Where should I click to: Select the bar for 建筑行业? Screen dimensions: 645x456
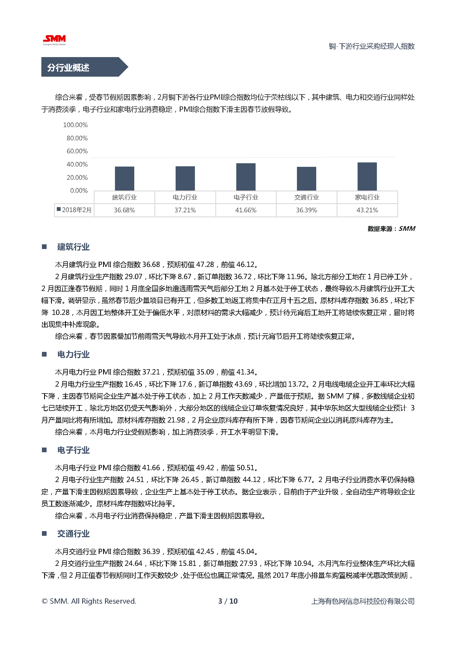[x=124, y=178]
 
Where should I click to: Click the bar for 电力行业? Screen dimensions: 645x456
[x=185, y=178]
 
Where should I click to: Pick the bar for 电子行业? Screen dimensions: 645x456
[x=246, y=177]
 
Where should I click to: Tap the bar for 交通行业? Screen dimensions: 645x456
[x=306, y=179]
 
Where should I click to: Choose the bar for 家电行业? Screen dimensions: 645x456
[x=367, y=176]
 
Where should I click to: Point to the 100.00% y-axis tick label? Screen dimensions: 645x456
[x=75, y=125]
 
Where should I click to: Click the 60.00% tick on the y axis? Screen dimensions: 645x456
[x=77, y=151]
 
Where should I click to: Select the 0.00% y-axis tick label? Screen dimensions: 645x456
[x=79, y=191]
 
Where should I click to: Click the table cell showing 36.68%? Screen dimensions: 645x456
[x=124, y=210]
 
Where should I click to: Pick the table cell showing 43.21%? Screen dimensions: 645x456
[x=367, y=210]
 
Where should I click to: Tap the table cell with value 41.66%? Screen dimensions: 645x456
[x=246, y=210]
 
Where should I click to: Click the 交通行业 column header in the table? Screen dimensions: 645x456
[x=306, y=197]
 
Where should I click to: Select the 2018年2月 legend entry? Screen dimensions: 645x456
[x=74, y=210]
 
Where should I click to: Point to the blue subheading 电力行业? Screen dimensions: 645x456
[x=73, y=355]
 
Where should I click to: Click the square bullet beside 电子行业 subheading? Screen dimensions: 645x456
[x=44, y=450]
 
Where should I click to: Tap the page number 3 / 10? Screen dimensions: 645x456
[x=228, y=601]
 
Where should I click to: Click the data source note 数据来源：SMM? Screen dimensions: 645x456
[x=391, y=229]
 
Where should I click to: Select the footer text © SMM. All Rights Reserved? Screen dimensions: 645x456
[x=89, y=601]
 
